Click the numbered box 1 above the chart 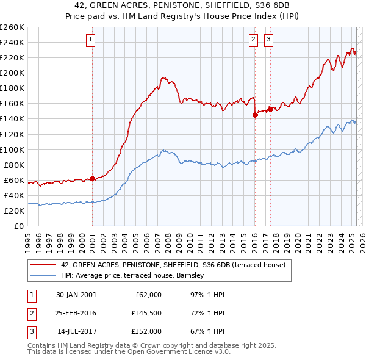tap(90, 40)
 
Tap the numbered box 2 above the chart tap(253, 40)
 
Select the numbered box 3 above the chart tap(268, 40)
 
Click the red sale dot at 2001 tap(92, 178)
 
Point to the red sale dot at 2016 tap(255, 114)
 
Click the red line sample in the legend tap(43, 265)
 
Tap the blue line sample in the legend tap(43, 276)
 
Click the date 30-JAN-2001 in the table tap(76, 295)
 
